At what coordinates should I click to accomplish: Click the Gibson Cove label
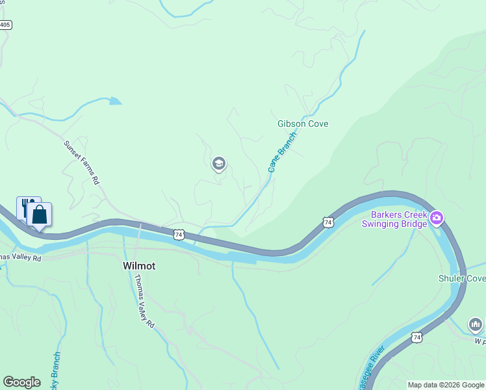coord(303,123)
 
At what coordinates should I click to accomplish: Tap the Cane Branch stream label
coord(282,152)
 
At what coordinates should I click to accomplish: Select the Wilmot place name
coord(139,266)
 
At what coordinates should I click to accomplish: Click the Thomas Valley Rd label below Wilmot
coord(144,301)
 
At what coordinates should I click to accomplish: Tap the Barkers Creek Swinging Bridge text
coord(399,219)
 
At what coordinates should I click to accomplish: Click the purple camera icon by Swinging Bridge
coord(436,218)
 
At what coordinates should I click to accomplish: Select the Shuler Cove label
coord(462,278)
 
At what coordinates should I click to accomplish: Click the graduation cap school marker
coord(219,164)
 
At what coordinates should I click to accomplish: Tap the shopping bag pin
coord(40,214)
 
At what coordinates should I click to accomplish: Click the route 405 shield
coord(5,25)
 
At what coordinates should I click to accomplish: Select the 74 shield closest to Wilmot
coord(179,234)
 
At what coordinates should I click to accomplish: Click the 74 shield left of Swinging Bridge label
coord(328,222)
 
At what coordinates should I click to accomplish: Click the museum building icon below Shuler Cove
coord(475,324)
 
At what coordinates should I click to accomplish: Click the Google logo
coord(21,382)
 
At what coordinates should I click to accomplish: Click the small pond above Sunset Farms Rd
coord(115,101)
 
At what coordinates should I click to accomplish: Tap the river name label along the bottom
coord(372,367)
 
